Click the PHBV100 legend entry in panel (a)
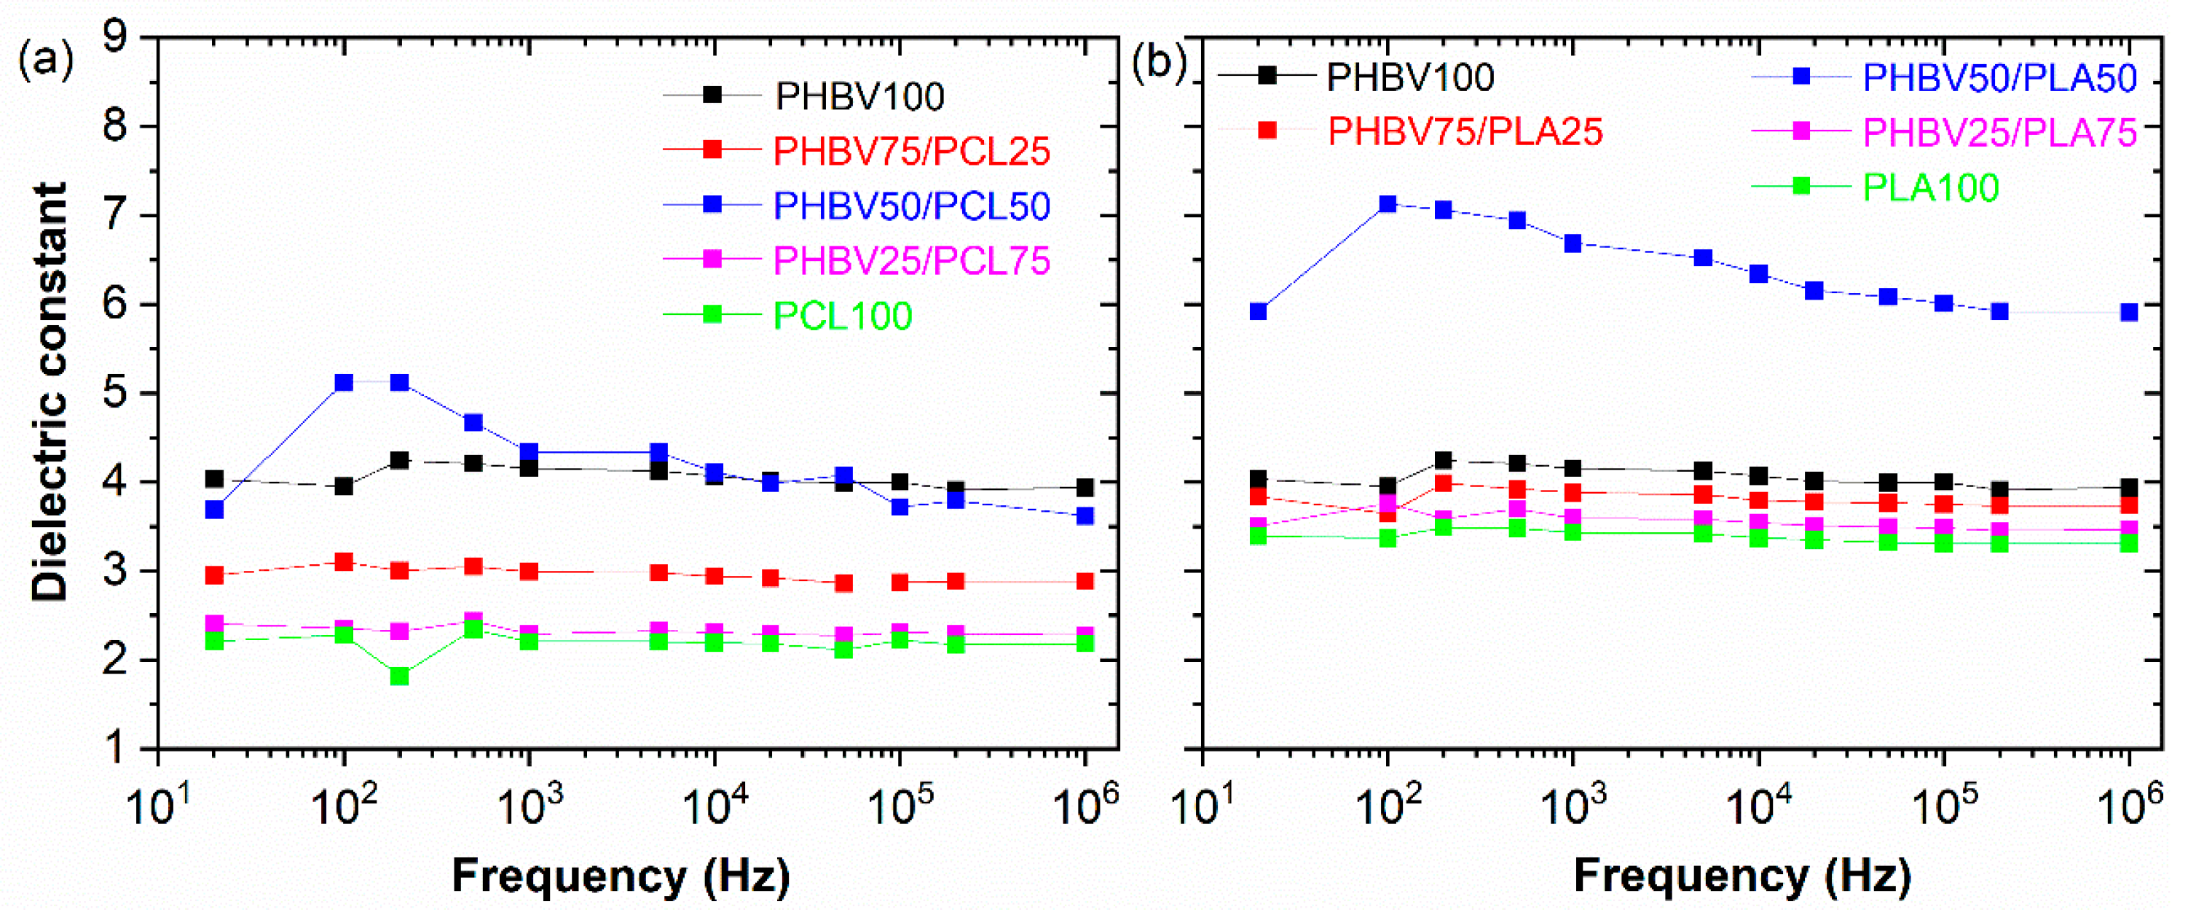click(859, 96)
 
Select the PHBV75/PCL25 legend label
click(911, 152)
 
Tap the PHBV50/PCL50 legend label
click(911, 206)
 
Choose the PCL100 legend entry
click(843, 316)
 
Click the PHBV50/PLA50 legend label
click(1999, 78)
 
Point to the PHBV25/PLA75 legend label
click(1999, 133)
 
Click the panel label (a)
click(46, 61)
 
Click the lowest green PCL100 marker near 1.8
click(399, 677)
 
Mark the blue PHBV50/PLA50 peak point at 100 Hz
click(1388, 204)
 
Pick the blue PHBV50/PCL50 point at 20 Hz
click(214, 510)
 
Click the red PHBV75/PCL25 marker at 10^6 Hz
click(1085, 581)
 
